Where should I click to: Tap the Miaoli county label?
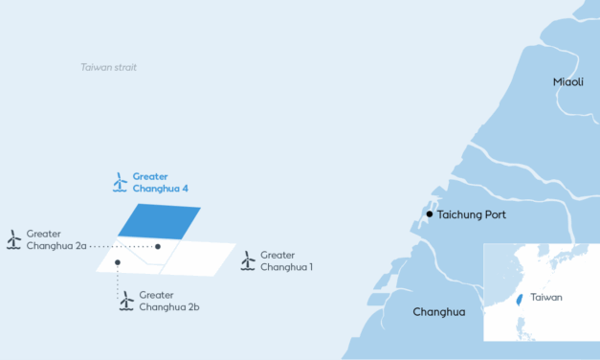tap(568, 82)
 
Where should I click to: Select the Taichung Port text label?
tap(473, 214)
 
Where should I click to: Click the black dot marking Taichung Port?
tap(430, 214)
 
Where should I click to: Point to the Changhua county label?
tap(438, 312)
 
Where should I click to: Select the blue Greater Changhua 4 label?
tap(161, 182)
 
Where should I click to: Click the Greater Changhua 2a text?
tap(57, 239)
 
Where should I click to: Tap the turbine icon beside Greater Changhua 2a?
tap(13, 239)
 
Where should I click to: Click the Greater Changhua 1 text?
tap(289, 260)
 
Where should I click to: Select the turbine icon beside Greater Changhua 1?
tap(248, 260)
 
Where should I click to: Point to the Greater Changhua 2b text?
tap(168, 301)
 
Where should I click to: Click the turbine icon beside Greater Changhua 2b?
tap(125, 301)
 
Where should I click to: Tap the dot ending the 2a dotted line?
tap(159, 246)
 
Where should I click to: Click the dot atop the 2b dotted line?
tap(117, 261)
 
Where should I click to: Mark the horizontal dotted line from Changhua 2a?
tap(124, 246)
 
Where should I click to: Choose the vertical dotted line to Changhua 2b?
tap(117, 278)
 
